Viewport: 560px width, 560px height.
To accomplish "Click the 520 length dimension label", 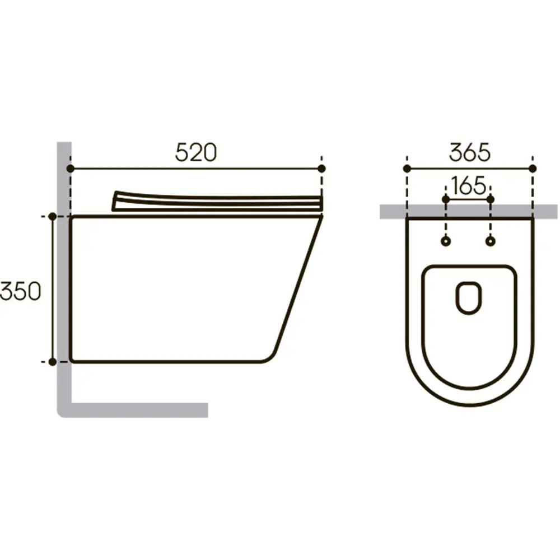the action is tap(195, 152).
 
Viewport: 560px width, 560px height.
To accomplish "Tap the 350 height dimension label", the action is tap(20, 291).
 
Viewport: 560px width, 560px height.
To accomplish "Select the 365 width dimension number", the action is tap(470, 152).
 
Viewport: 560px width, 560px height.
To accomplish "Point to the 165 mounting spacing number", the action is tap(469, 186).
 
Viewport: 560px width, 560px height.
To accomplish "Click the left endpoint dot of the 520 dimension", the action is tap(71, 169).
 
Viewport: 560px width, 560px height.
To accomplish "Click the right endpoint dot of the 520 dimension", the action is tap(321, 169).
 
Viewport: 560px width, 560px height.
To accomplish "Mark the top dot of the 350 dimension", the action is tap(53, 216).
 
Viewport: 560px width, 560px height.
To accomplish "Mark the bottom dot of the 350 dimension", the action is tap(53, 362).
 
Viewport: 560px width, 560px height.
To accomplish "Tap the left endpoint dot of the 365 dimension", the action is tap(407, 169).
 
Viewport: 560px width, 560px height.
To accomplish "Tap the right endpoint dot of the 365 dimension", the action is tap(533, 169).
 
